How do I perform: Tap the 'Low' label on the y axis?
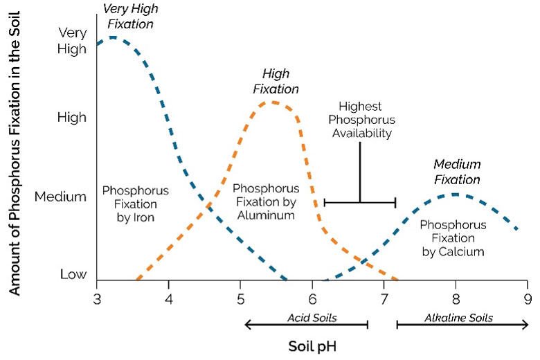click(x=73, y=274)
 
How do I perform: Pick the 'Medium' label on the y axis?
click(x=61, y=196)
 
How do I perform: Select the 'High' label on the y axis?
click(x=72, y=117)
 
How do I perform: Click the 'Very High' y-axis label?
click(x=72, y=40)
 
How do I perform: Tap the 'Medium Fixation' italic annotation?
click(x=456, y=172)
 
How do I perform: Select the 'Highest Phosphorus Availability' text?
click(x=359, y=120)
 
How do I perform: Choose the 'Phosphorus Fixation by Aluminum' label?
click(x=266, y=201)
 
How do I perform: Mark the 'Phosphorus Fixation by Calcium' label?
click(x=453, y=238)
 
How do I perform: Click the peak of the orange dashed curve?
click(x=273, y=102)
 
